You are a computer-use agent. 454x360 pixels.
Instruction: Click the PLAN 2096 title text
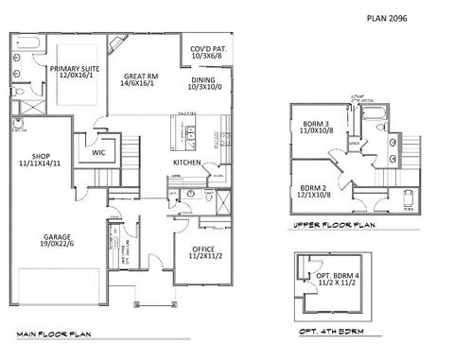click(x=388, y=17)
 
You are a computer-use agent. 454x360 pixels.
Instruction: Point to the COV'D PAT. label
click(x=207, y=47)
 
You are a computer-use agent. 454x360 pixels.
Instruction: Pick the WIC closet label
click(x=98, y=151)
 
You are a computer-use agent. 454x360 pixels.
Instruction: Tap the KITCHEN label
click(x=185, y=163)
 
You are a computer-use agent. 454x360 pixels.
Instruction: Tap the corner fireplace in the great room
click(x=115, y=44)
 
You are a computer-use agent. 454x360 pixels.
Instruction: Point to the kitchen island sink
click(x=190, y=132)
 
